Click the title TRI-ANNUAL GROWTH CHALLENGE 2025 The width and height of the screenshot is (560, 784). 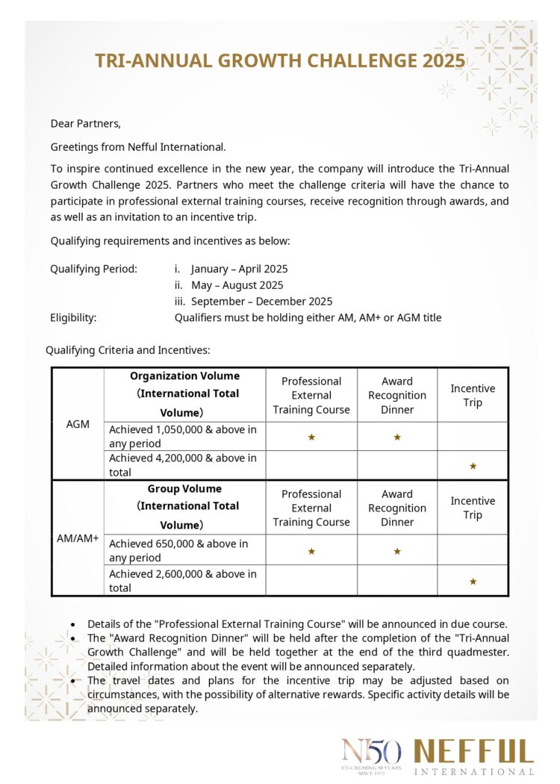coord(279,60)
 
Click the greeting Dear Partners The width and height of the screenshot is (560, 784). coord(85,123)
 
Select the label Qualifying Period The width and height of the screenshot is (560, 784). coord(93,269)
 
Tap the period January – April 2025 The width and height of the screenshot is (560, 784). coord(239,269)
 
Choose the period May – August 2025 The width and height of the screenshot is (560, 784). coord(237,285)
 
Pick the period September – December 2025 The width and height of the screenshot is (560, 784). coord(261,302)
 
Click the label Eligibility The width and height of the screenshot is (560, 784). coord(73,317)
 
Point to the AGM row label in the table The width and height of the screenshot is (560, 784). coord(78,424)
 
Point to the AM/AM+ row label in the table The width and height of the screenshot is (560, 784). coord(78,538)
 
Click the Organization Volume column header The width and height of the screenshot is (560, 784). coord(184,394)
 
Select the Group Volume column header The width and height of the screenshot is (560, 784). coord(184,506)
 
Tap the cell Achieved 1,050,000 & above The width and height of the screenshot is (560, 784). coord(183,436)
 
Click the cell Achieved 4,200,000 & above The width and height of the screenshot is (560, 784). coord(183,465)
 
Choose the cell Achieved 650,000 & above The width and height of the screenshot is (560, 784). coord(178,550)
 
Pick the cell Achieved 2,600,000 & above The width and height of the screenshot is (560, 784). coord(183,580)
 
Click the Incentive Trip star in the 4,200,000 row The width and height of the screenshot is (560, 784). coord(473,466)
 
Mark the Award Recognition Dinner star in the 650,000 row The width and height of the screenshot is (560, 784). coord(397,551)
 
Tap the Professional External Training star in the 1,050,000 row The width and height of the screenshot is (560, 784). coord(311,437)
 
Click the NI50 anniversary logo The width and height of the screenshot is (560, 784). coord(371,754)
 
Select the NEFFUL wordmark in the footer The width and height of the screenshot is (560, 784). coord(474,750)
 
